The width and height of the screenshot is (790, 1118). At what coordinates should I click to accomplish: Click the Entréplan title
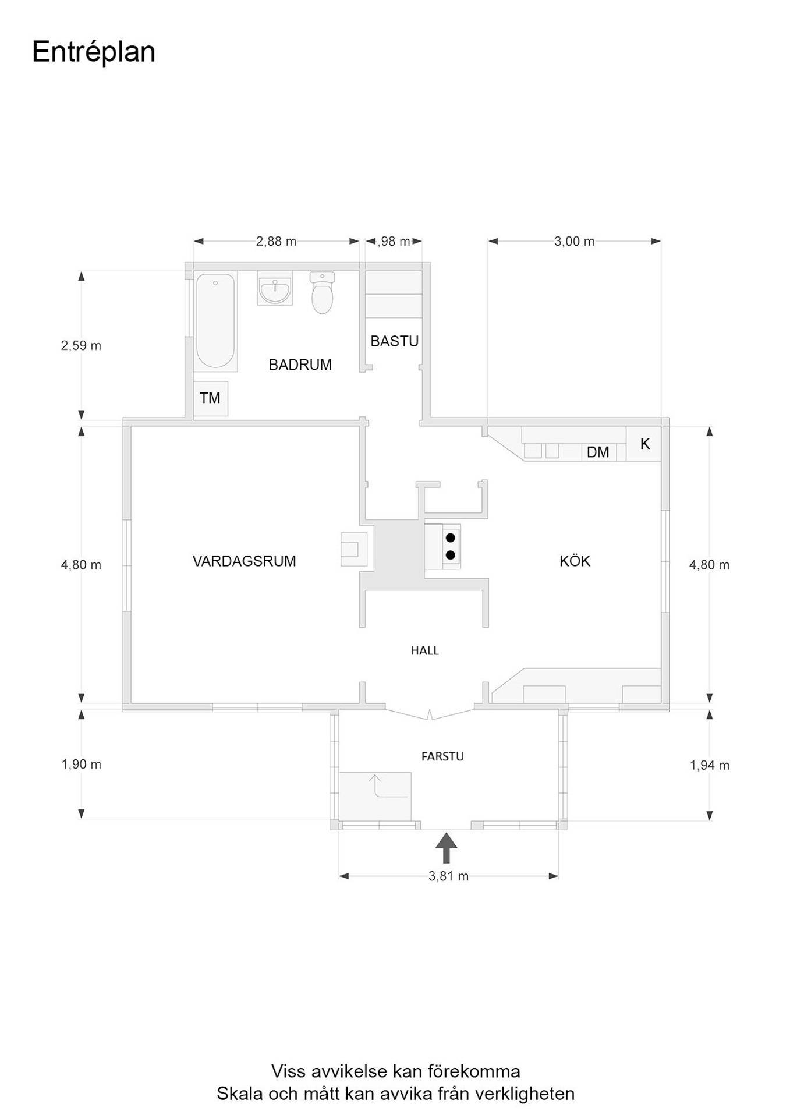[x=94, y=52]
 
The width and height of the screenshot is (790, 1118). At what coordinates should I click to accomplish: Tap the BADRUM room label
[x=300, y=365]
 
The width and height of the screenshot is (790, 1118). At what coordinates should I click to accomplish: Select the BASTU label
[x=395, y=341]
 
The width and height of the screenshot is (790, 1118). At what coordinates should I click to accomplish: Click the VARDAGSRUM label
[x=244, y=561]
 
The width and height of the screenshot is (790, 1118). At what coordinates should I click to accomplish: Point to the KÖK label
[x=575, y=561]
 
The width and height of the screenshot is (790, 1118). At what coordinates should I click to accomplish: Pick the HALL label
[x=424, y=650]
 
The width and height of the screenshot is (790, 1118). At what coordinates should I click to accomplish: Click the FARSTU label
[x=442, y=756]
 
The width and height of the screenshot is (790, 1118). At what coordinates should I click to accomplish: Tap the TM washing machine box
[x=210, y=398]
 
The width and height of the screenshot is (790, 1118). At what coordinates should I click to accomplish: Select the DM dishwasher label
[x=598, y=452]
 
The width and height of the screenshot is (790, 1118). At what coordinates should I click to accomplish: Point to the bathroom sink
[x=275, y=289]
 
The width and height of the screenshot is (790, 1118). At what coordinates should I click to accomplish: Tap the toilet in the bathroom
[x=322, y=292]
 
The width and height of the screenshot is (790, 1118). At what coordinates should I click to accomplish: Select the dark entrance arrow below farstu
[x=446, y=848]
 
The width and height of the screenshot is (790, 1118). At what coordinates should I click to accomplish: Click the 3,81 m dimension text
[x=448, y=876]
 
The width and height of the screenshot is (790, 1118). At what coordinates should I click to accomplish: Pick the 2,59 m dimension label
[x=81, y=346]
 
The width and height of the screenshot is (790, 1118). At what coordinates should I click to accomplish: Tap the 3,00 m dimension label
[x=574, y=241]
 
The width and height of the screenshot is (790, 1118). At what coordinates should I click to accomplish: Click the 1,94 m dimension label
[x=709, y=765]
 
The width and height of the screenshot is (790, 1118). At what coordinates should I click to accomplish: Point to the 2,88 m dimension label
[x=276, y=241]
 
